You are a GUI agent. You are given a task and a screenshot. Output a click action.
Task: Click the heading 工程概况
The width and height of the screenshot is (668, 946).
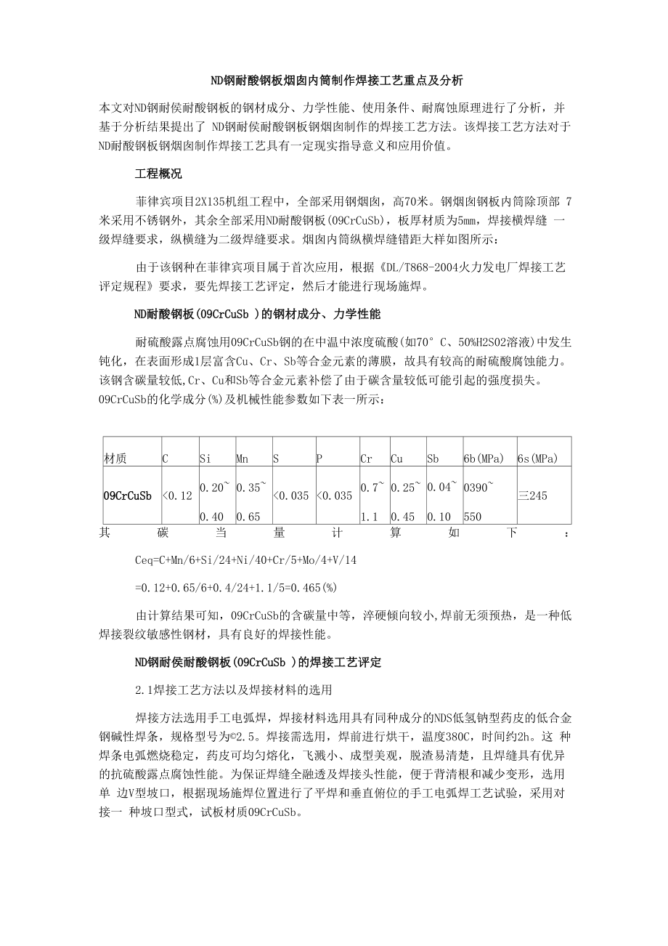(x=158, y=174)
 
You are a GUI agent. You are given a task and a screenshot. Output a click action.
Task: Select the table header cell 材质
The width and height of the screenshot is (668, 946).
(x=115, y=458)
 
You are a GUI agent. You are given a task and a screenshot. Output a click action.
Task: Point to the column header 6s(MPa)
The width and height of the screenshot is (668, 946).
(x=537, y=458)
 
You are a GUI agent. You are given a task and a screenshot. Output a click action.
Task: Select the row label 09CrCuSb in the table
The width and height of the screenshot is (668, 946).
(x=127, y=496)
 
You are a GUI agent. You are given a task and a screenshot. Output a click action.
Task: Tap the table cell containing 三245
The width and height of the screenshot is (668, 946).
(x=532, y=496)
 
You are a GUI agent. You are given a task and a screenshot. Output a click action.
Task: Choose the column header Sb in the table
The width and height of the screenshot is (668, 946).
(x=433, y=458)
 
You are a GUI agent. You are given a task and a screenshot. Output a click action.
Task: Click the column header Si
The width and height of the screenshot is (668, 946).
(x=205, y=458)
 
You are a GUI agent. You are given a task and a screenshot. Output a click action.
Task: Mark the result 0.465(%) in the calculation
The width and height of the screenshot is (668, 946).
(x=314, y=587)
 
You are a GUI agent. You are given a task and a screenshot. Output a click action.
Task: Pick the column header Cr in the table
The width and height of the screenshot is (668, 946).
(x=366, y=458)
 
